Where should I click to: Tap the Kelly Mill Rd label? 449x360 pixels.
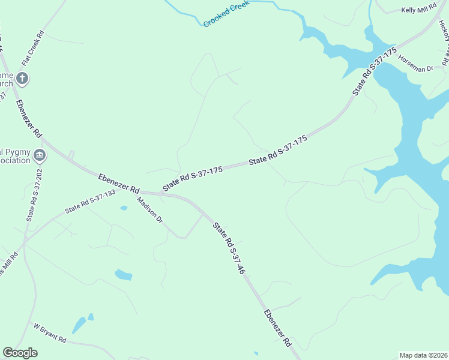[x=418, y=10]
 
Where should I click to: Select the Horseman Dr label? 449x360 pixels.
[x=415, y=65]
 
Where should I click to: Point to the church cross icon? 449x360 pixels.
[x=22, y=77]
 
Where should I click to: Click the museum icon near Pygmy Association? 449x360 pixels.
[x=40, y=155]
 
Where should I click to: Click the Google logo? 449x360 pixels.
[x=20, y=353]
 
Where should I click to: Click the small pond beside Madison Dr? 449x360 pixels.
[x=124, y=208]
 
